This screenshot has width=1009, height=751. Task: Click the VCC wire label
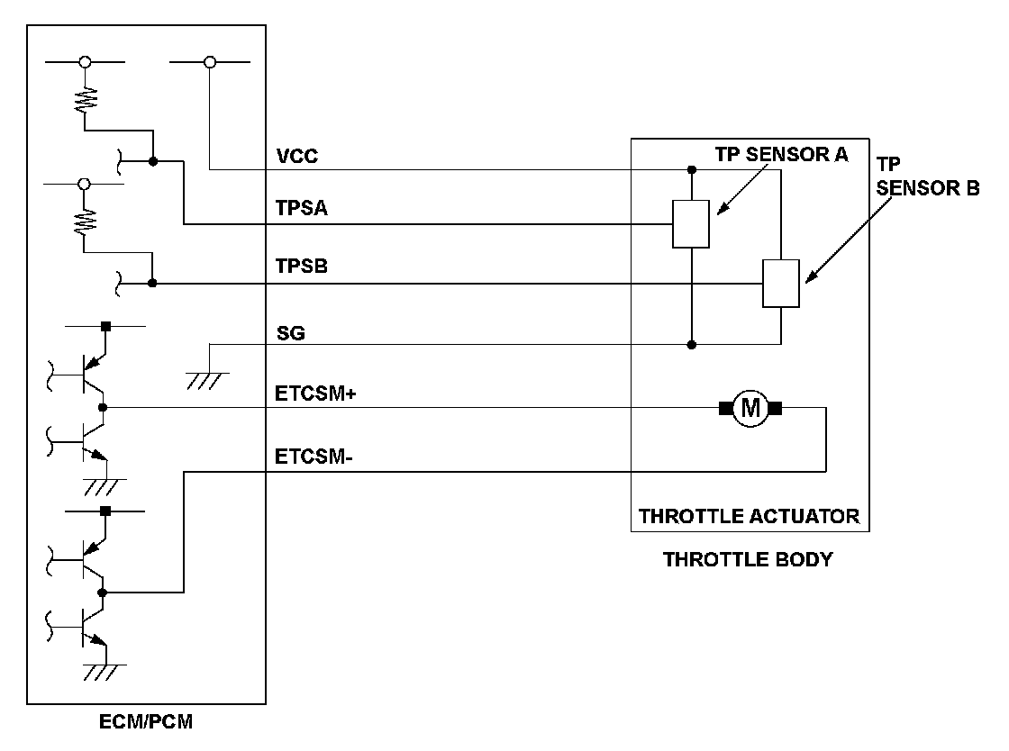297,157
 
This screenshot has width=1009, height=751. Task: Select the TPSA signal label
301,209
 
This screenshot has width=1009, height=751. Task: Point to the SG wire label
291,333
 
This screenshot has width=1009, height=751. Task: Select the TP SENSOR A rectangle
691,223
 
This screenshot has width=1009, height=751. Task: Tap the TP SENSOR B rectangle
780,284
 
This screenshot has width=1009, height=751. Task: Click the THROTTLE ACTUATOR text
749,517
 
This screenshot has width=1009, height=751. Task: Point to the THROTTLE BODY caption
747,559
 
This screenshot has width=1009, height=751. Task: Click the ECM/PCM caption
146,722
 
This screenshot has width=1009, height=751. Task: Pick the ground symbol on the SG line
208,380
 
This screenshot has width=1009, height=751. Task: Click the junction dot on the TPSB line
152,284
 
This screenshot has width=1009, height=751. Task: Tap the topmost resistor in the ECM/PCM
85,96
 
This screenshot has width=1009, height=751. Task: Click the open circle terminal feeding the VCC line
210,62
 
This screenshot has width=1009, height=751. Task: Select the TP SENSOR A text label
781,154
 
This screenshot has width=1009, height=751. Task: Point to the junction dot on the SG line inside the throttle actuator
691,344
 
